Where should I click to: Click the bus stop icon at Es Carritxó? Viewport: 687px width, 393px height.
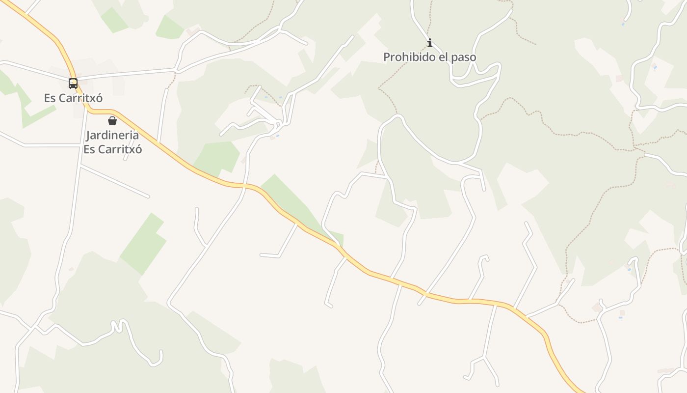coord(73,84)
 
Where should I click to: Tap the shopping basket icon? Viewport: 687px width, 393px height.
coord(112,121)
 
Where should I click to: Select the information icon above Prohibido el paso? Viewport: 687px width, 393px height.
coord(430,43)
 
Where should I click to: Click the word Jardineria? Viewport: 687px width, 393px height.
coord(112,135)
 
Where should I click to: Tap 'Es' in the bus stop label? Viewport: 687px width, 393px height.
coord(50,98)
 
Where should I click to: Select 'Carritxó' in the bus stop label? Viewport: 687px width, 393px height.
coord(80,98)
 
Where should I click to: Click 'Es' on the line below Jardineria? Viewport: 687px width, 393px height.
coord(89,149)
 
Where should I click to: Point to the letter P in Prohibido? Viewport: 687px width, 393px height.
coord(386,57)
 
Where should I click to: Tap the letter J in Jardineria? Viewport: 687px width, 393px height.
coord(88,136)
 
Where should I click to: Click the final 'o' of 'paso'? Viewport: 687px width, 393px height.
coord(473,58)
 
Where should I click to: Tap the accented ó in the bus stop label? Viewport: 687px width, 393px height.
coord(99,98)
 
